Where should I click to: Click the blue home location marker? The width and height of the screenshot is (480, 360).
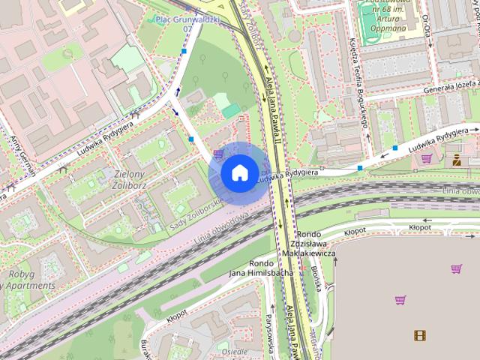coord(238,172)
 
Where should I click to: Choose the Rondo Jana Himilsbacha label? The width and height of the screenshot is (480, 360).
coord(261,268)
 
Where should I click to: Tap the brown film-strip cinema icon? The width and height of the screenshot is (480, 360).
coord(420,335)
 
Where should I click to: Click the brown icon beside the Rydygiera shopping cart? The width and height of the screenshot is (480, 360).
coord(456,159)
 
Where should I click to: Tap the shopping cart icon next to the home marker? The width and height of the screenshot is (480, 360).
coord(217,154)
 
